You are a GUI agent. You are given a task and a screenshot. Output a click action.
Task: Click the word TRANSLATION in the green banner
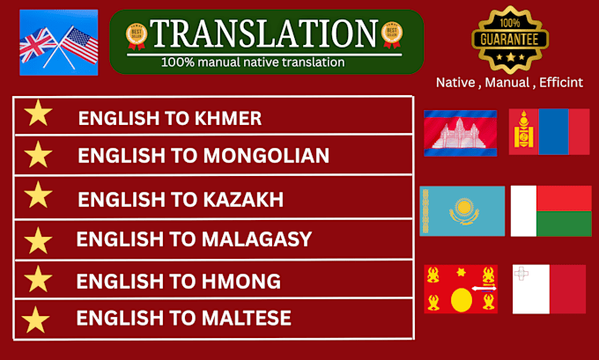(x=265, y=33)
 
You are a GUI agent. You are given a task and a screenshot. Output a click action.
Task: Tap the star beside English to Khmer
(x=37, y=114)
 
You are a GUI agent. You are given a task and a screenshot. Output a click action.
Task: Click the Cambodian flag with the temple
(x=460, y=133)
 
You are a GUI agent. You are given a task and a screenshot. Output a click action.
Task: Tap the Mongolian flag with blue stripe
(x=549, y=132)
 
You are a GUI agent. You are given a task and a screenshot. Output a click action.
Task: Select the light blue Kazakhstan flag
(x=462, y=210)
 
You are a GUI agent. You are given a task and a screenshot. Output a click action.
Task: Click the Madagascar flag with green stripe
(x=551, y=210)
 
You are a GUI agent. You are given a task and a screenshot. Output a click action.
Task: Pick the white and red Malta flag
(x=549, y=289)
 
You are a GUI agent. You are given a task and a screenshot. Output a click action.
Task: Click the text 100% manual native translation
(x=253, y=62)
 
